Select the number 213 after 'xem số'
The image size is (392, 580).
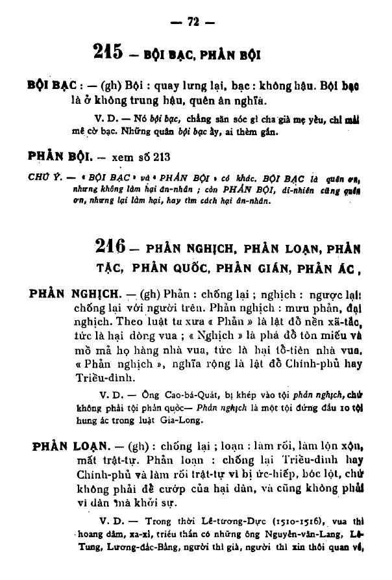(x=147, y=157)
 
